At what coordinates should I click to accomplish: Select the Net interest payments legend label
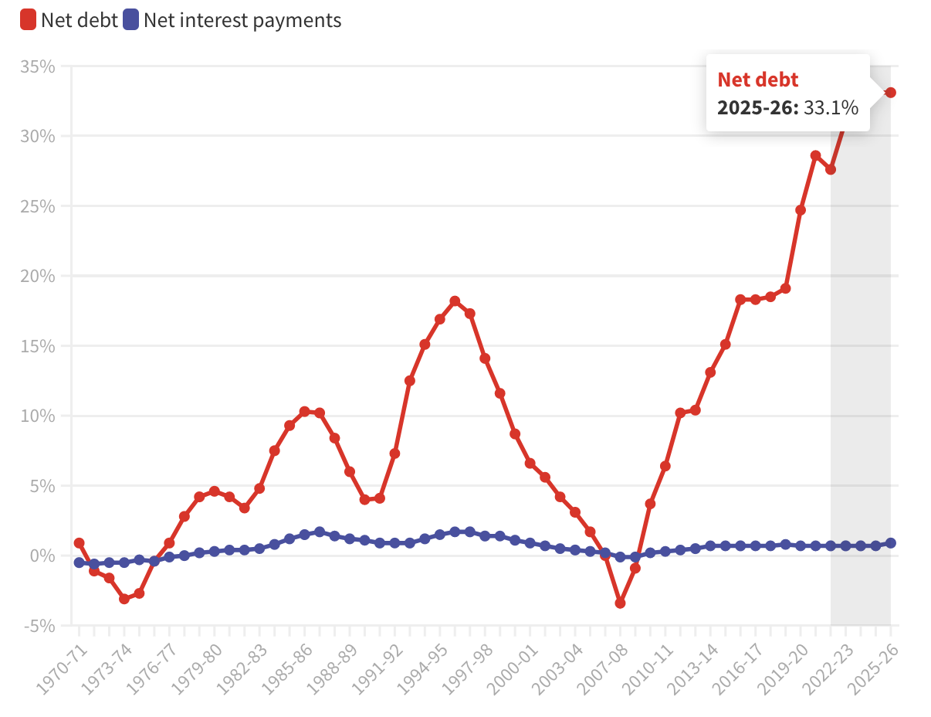pyautogui.click(x=242, y=20)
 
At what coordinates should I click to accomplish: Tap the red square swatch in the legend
pyautogui.click(x=29, y=20)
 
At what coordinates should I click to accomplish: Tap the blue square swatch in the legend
pyautogui.click(x=130, y=20)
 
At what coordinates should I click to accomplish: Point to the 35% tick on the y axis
pyautogui.click(x=38, y=66)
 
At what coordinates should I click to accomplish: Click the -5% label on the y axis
pyautogui.click(x=39, y=625)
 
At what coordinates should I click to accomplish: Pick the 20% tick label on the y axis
pyautogui.click(x=38, y=276)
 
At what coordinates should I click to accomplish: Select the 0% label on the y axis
pyautogui.click(x=43, y=556)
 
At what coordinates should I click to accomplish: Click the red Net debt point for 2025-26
pyautogui.click(x=890, y=93)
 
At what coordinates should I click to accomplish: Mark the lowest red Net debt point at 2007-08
pyautogui.click(x=620, y=603)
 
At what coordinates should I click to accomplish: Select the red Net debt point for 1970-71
pyautogui.click(x=79, y=543)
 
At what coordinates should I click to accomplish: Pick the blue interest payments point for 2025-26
pyautogui.click(x=890, y=543)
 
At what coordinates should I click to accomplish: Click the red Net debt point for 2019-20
pyautogui.click(x=801, y=210)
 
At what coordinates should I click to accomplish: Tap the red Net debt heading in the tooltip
pyautogui.click(x=758, y=79)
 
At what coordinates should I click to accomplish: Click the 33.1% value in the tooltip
pyautogui.click(x=831, y=107)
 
